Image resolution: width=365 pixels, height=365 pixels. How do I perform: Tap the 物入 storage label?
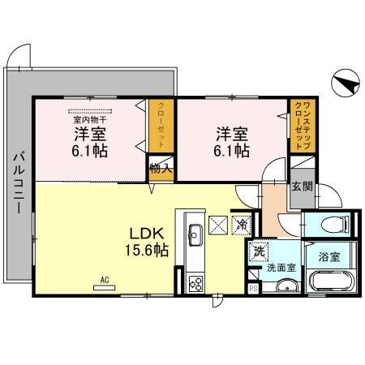158,170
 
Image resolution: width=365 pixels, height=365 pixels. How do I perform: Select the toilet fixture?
333,225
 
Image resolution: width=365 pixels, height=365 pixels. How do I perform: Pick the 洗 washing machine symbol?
257,251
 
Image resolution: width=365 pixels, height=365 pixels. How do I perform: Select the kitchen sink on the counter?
195,234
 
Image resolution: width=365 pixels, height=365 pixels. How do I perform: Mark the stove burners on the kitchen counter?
195,283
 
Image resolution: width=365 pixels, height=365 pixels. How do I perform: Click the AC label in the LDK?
104,281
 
